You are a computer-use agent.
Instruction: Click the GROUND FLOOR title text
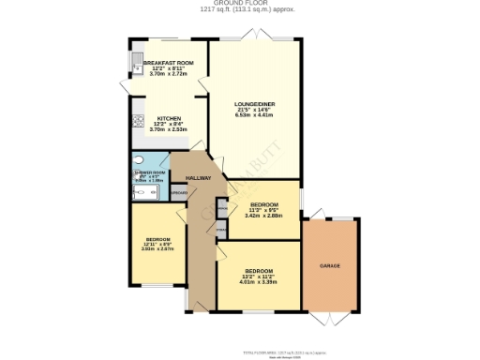(239, 4)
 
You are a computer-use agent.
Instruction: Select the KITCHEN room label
(156, 118)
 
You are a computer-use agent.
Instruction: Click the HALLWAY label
(197, 177)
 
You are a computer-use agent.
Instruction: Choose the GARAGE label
(329, 266)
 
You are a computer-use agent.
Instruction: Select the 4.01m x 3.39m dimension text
(257, 280)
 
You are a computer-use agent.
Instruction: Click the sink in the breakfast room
(136, 64)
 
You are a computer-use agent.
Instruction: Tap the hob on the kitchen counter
(138, 121)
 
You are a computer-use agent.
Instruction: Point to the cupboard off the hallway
(177, 193)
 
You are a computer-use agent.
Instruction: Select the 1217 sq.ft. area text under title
(239, 10)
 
